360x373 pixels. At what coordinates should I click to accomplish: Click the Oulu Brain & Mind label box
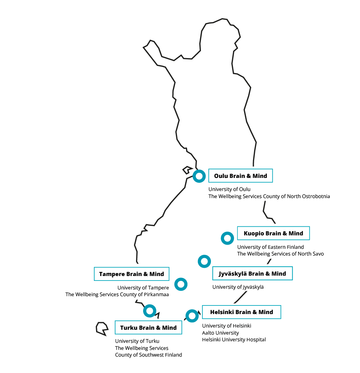click(240, 176)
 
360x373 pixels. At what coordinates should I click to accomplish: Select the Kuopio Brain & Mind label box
click(273, 233)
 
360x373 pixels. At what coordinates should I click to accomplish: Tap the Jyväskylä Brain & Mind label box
click(252, 273)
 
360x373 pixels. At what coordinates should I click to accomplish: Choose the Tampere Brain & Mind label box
click(132, 274)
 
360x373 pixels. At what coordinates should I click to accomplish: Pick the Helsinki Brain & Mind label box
click(241, 312)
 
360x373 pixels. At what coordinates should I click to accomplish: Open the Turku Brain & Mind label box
click(148, 327)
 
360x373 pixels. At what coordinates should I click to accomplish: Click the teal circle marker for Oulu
click(199, 176)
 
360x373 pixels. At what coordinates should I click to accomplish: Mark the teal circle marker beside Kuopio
click(227, 238)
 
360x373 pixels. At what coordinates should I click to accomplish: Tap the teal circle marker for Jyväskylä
click(204, 261)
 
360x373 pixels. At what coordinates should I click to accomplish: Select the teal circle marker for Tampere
click(181, 284)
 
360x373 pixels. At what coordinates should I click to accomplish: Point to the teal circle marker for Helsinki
click(192, 316)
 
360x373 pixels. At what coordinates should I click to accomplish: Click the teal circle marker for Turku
click(149, 310)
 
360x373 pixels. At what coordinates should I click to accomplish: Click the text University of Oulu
click(229, 189)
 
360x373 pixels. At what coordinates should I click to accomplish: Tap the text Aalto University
click(221, 333)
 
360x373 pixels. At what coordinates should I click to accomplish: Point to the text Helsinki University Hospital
click(234, 339)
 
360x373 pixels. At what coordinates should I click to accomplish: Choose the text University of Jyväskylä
click(238, 287)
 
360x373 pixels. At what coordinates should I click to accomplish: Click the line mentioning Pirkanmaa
click(117, 294)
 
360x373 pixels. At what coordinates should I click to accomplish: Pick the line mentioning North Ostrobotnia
click(269, 196)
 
